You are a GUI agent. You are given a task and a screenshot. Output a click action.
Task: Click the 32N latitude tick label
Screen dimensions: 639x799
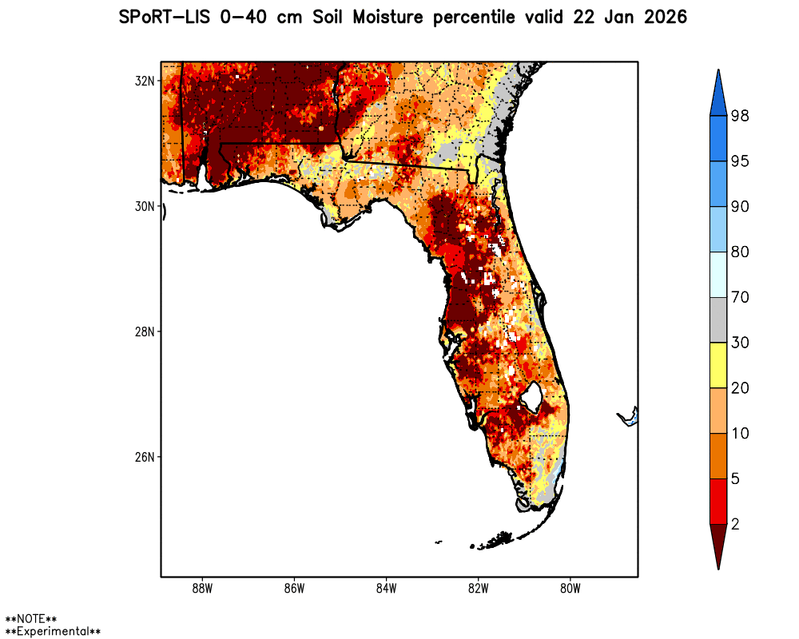coord(145,81)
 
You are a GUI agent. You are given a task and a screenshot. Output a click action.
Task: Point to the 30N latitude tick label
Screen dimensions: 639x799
coord(145,206)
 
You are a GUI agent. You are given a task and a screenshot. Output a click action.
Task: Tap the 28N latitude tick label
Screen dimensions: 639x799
coord(145,331)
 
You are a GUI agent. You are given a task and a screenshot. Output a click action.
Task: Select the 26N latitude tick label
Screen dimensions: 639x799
coord(145,457)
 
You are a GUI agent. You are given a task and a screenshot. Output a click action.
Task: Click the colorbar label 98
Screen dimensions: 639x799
coord(739,117)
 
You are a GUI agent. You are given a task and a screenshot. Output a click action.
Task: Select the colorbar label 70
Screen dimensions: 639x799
coord(739,297)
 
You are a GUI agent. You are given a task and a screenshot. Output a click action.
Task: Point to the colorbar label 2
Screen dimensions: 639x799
coord(734,524)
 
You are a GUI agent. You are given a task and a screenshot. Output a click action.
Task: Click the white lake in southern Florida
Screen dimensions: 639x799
coord(530,394)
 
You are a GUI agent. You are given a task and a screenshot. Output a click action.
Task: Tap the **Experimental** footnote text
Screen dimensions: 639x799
coord(53,631)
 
